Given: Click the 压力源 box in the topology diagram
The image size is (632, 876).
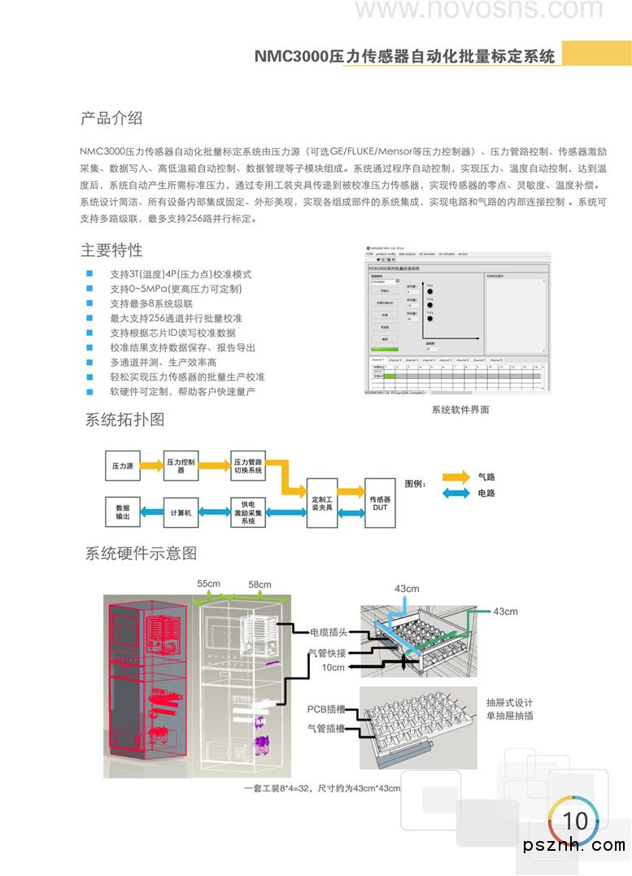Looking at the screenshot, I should coord(122,466).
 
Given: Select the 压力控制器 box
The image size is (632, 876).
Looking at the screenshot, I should coord(181,466).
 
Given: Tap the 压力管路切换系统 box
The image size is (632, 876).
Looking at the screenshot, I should coord(248,466).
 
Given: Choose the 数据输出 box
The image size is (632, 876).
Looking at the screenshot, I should coord(122,512).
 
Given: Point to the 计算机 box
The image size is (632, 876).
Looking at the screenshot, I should coord(181,512).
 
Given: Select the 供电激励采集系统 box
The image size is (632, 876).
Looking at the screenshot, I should coord(248,512).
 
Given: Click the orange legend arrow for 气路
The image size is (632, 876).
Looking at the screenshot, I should coord(455,477).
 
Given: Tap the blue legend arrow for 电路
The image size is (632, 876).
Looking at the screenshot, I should coord(455,494).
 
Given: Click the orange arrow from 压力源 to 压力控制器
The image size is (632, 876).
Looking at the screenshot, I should coord(151,466).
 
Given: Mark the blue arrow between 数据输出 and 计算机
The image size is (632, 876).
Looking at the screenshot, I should coord(151,512).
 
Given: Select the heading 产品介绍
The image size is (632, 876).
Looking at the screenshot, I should coord(111,118).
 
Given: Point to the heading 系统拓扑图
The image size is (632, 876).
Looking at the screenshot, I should coord(125,420).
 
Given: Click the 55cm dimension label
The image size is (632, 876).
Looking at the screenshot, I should coord(208,584).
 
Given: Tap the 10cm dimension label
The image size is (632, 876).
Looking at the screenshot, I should coord(333,667).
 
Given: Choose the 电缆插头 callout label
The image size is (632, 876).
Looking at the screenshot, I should coord(329,632).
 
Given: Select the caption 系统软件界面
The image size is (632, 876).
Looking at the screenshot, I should coord(460,410).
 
